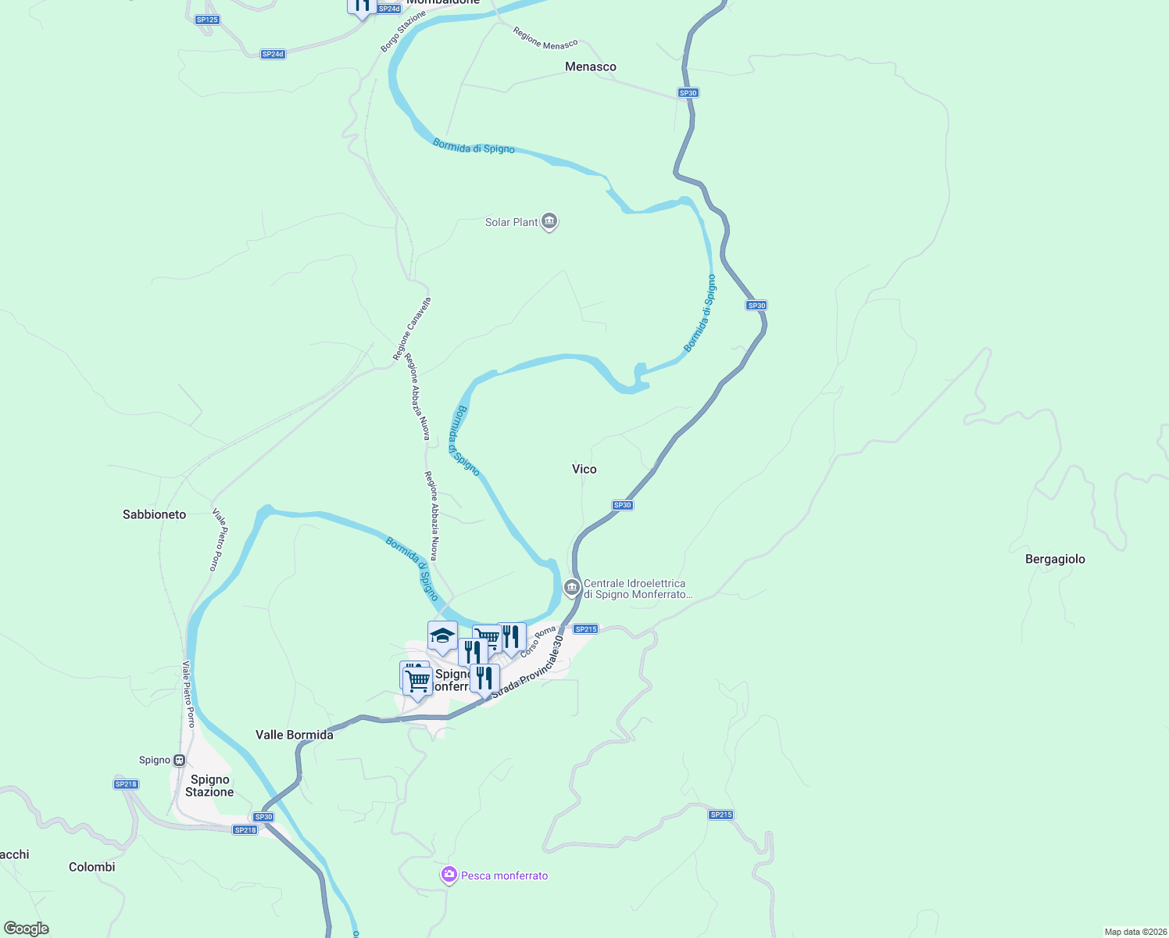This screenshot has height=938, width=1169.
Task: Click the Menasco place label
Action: click(x=591, y=67)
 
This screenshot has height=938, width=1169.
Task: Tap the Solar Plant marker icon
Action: click(x=549, y=222)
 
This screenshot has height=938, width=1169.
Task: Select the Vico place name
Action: click(x=584, y=469)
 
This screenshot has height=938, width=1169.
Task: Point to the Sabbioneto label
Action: click(x=155, y=514)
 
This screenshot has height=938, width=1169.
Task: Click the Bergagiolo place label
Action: click(x=1055, y=559)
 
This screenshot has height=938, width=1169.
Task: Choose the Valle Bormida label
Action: click(x=295, y=735)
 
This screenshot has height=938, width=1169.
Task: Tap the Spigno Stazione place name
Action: click(x=209, y=786)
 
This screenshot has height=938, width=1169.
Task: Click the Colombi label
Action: click(x=92, y=867)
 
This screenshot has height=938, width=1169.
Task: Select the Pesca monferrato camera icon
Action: click(x=449, y=875)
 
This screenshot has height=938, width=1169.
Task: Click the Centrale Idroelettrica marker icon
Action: click(x=572, y=585)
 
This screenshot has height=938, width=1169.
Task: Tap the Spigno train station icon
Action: click(x=180, y=760)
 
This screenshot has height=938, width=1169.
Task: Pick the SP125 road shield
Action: click(x=207, y=20)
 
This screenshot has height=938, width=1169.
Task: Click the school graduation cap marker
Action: click(x=442, y=635)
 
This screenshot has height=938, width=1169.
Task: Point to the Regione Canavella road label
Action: click(x=412, y=329)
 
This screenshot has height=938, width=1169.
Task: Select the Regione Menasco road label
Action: click(x=545, y=38)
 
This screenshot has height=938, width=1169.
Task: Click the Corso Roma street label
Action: click(x=538, y=642)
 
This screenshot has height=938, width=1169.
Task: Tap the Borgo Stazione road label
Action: click(x=403, y=32)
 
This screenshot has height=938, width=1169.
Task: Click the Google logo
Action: click(x=27, y=929)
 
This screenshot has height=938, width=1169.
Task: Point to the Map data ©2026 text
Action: click(x=1135, y=932)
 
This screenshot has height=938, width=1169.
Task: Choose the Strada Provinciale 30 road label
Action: click(x=527, y=667)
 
